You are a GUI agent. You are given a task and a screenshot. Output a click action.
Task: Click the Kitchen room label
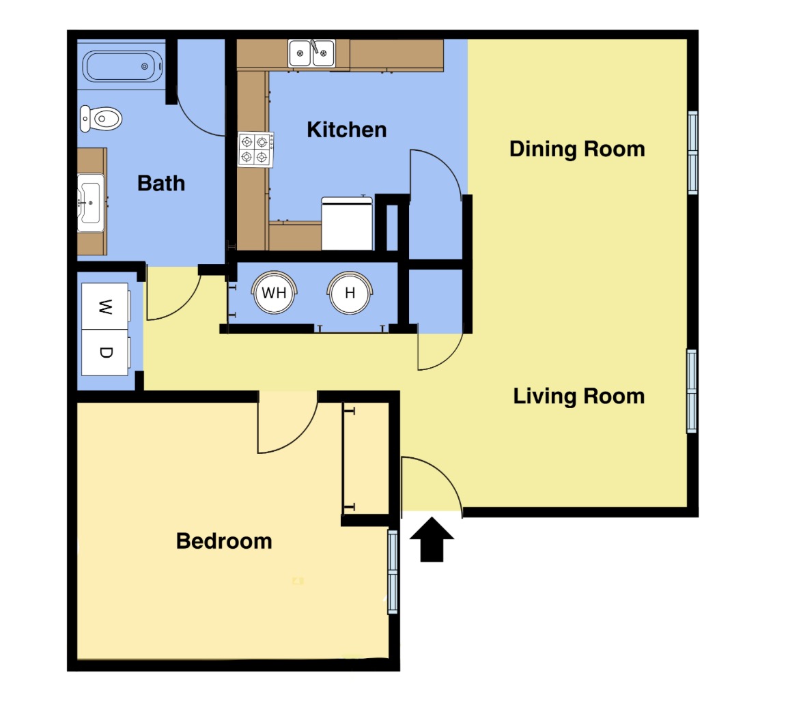(x=347, y=130)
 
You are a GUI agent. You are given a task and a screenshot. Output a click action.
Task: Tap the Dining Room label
(x=577, y=149)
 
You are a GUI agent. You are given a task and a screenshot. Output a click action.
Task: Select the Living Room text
(x=578, y=396)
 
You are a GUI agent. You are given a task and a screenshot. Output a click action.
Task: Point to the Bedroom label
(x=224, y=541)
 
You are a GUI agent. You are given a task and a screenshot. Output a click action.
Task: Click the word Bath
(x=161, y=184)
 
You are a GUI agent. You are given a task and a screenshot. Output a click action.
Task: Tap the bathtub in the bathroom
(x=122, y=66)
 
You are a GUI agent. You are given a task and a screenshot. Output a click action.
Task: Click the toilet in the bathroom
(x=101, y=119)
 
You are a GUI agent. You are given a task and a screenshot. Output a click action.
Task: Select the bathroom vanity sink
(x=91, y=203)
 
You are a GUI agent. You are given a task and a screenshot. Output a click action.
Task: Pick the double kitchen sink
(x=311, y=53)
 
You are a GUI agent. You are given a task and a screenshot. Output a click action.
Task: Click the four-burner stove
(x=256, y=149)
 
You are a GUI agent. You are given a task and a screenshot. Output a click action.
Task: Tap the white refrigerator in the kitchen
(x=347, y=223)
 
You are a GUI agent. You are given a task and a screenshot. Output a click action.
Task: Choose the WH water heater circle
(x=274, y=293)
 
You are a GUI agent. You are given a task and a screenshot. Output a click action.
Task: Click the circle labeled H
(x=350, y=293)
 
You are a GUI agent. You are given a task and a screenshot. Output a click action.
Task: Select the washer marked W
(x=105, y=306)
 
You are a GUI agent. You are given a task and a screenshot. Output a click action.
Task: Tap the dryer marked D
(x=105, y=352)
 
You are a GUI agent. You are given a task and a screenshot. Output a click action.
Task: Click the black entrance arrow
(x=432, y=539)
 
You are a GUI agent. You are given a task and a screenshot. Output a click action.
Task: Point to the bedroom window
(x=393, y=572)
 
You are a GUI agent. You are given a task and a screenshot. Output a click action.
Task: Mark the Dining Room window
(x=692, y=153)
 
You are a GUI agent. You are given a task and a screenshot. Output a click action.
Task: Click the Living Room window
(x=692, y=391)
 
